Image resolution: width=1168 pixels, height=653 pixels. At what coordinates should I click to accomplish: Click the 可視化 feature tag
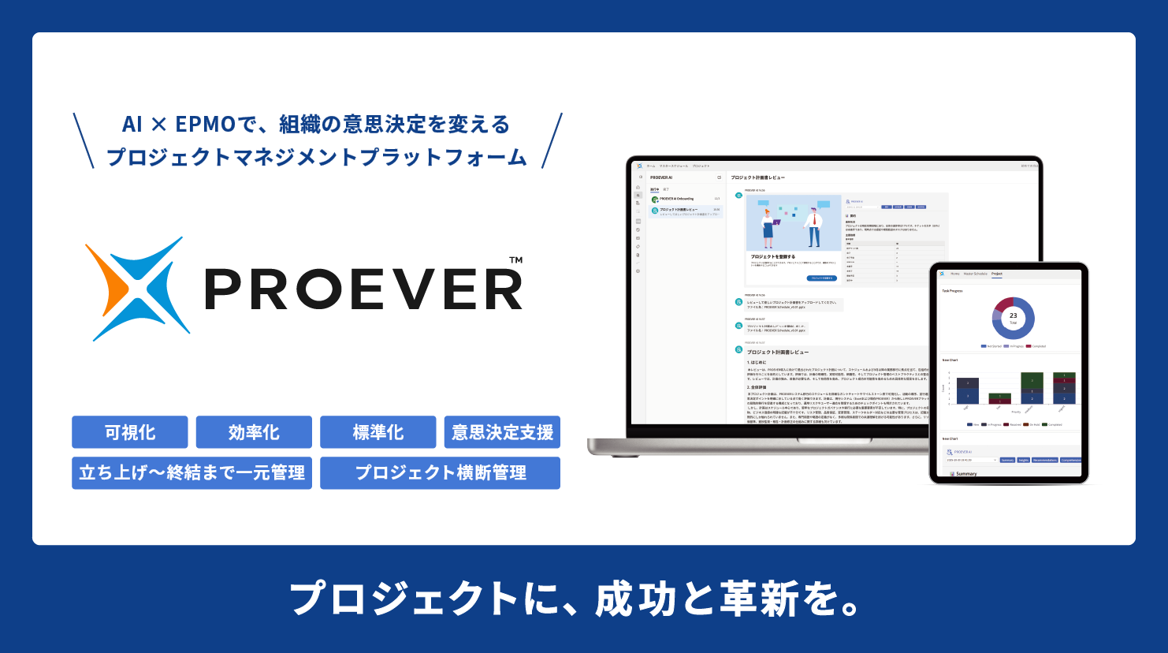130,432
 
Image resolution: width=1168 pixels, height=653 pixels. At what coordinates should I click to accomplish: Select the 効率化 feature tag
254,432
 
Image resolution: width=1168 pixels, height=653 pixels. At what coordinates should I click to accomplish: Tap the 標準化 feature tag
378,432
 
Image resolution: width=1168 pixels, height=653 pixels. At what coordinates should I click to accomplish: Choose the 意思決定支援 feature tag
502,432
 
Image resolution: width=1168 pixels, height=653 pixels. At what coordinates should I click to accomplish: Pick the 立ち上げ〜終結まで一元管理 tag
192,473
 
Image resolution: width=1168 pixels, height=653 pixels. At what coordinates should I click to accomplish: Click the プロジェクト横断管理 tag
440,473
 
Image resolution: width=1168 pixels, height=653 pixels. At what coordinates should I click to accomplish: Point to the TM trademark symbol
515,260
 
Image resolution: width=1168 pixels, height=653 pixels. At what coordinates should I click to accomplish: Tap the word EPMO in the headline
205,125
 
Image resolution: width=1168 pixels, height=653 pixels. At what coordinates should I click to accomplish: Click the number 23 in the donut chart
1013,315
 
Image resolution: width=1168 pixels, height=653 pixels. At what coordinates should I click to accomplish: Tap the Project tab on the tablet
997,274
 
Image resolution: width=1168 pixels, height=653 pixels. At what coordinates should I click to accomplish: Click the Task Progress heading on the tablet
952,291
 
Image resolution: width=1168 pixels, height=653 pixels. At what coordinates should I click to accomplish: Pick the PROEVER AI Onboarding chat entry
677,199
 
